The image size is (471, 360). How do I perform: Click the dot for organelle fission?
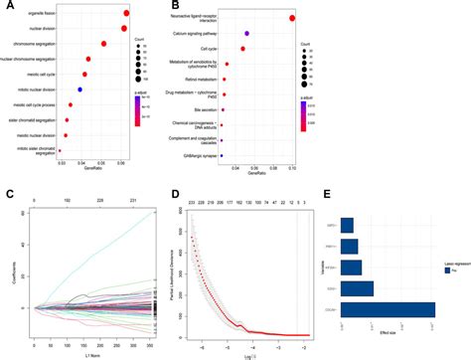127,14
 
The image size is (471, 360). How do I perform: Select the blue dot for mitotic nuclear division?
80,90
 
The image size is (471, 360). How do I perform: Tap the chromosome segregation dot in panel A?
104,45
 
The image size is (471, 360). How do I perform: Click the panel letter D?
175,194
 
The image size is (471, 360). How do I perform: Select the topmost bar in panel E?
347,224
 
